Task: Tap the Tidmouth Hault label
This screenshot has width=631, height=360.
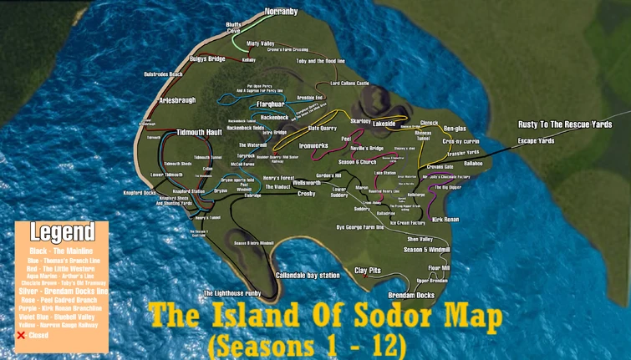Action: [199, 132]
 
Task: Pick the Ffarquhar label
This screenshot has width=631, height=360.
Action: [247, 104]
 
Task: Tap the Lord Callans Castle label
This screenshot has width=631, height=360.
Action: [349, 84]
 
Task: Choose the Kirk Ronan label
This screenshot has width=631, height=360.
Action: [445, 219]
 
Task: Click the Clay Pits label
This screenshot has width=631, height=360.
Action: [368, 271]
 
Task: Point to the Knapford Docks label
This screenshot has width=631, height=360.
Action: [140, 193]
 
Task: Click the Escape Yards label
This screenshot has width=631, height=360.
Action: [536, 141]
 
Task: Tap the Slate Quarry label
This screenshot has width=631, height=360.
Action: [322, 129]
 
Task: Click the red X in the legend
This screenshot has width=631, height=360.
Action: [22, 335]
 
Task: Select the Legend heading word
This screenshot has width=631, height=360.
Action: [61, 232]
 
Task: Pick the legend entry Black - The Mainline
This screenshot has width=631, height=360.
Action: [61, 251]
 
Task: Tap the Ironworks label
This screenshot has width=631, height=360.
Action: [314, 145]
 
